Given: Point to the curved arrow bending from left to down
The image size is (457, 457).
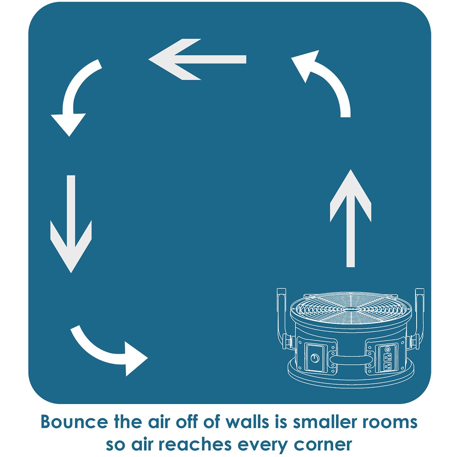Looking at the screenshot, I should pyautogui.click(x=76, y=95).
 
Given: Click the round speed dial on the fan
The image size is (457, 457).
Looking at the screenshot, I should pyautogui.click(x=314, y=358).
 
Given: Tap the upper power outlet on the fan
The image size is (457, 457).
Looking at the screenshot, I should pyautogui.click(x=388, y=357).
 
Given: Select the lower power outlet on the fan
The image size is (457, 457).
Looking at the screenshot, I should pyautogui.click(x=388, y=366).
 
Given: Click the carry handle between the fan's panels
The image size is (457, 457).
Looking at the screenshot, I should pyautogui.click(x=350, y=359).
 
